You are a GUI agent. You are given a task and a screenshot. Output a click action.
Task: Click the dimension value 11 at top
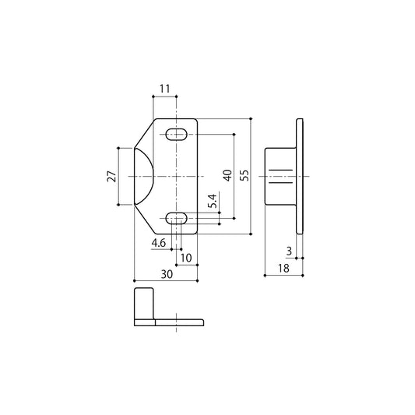(x=164, y=90)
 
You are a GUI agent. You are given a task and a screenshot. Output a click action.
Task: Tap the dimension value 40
(x=227, y=175)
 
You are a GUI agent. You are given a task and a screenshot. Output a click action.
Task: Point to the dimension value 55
(x=244, y=176)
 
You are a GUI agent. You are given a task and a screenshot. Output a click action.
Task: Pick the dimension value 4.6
(x=159, y=244)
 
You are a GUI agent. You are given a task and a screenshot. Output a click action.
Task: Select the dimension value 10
(x=185, y=257)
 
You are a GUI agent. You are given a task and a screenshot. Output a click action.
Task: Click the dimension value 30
(x=165, y=273)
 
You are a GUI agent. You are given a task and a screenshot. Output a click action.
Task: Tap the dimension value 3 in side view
(x=289, y=251)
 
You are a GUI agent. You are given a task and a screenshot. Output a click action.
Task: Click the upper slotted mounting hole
(x=178, y=135)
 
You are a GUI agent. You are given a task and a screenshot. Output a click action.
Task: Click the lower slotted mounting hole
(x=178, y=218)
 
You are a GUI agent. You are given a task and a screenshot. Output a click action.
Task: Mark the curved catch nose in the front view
(x=144, y=177)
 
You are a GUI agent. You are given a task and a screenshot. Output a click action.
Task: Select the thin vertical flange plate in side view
(x=300, y=176)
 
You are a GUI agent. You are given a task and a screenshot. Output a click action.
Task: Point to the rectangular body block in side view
(x=280, y=176)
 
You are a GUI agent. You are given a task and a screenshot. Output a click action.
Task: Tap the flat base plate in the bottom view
(x=179, y=322)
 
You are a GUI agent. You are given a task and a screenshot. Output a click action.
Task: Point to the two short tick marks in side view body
(x=273, y=177)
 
